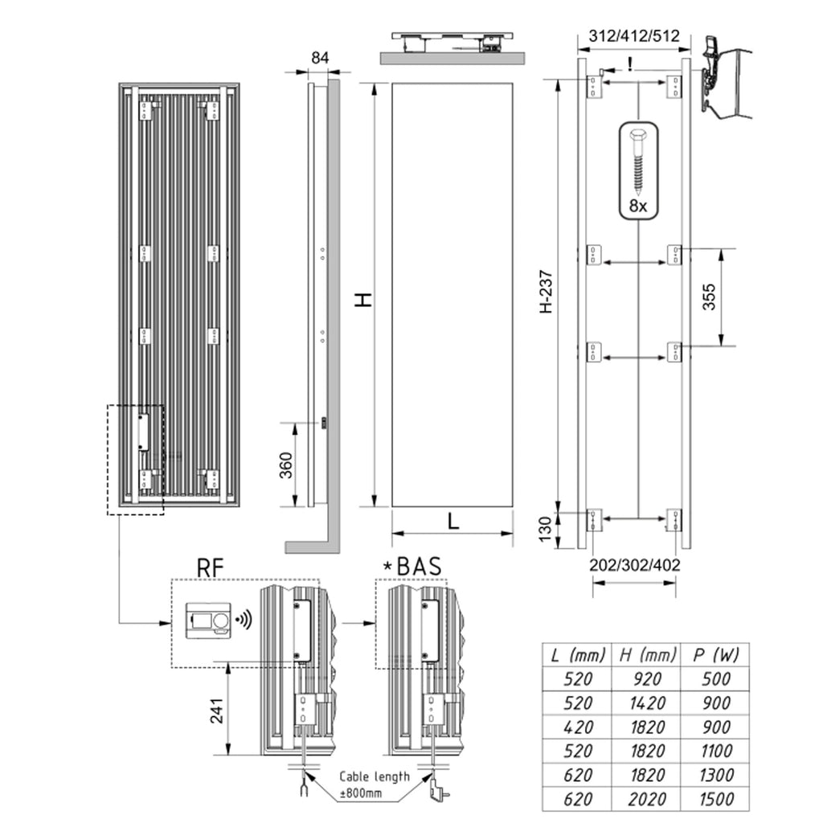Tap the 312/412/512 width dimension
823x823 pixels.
tap(634, 36)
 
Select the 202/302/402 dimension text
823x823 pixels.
tap(634, 565)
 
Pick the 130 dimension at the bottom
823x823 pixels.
tap(545, 530)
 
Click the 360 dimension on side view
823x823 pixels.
tap(285, 465)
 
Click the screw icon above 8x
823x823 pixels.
tap(637, 161)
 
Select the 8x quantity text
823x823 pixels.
tap(638, 205)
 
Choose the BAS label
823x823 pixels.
tap(417, 567)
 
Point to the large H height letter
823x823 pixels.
tap(364, 299)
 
